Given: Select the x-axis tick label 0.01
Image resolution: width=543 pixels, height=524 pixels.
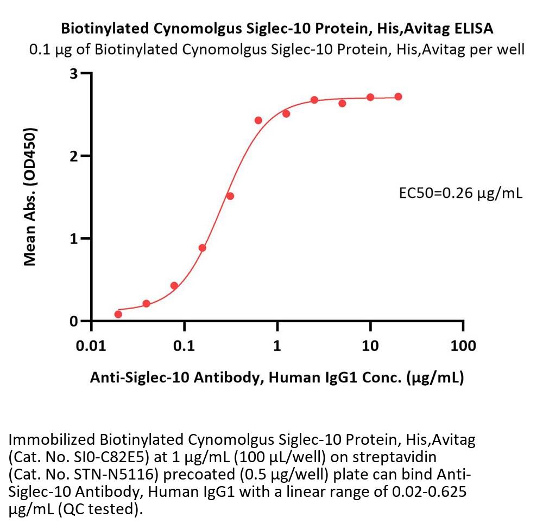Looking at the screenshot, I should click(x=91, y=346).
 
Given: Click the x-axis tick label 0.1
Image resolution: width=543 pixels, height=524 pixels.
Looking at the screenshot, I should click(x=184, y=346).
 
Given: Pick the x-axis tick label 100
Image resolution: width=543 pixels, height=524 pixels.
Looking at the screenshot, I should click(x=463, y=346).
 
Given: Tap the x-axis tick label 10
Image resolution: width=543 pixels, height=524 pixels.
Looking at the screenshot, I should click(x=370, y=346).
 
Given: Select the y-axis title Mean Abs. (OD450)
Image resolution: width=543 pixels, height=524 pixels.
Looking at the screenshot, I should click(x=31, y=196).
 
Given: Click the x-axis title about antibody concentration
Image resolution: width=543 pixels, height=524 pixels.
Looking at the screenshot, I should click(x=276, y=378).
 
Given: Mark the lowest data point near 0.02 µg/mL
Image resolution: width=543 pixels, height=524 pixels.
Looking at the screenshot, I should click(x=118, y=314).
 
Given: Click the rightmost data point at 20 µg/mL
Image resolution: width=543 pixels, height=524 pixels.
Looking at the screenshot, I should click(x=398, y=97).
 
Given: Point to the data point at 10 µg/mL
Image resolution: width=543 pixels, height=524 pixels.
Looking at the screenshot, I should click(x=370, y=97).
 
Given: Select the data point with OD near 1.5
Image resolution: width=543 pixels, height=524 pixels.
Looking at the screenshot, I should click(x=230, y=196).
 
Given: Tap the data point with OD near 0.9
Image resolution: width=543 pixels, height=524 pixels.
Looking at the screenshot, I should click(x=202, y=248).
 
